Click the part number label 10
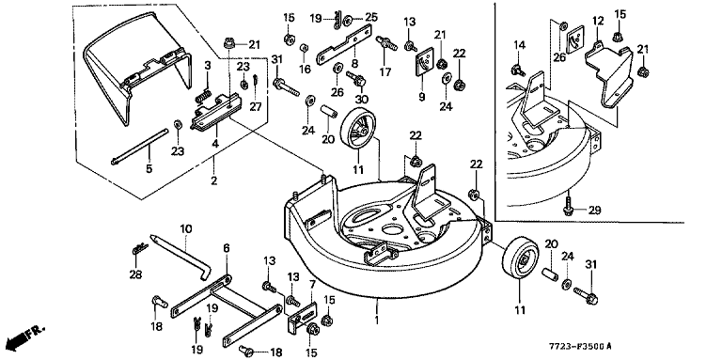186,228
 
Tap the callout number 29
595,211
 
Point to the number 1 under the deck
377,321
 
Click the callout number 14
519,45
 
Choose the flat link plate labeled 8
344,45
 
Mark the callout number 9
422,97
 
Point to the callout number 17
385,72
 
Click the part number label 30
362,99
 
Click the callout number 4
215,144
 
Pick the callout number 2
213,180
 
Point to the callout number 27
256,106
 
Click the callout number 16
305,70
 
